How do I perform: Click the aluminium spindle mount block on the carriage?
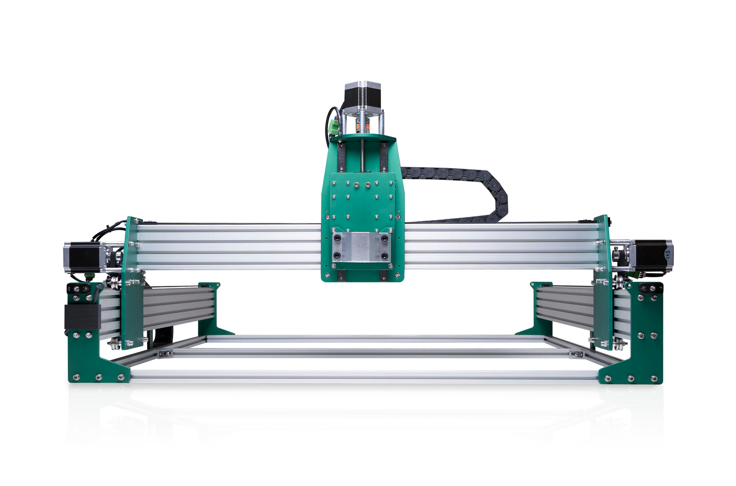coord(362,247)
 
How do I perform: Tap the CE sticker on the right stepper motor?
coord(668,250)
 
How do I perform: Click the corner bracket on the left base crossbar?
coord(165,354)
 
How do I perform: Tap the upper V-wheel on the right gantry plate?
coord(618,281)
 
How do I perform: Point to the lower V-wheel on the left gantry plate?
coord(116,342)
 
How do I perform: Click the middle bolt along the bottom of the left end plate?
coord(98,377)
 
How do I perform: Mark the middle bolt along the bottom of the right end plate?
coord(631,379)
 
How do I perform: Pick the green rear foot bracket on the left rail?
coord(211,311)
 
